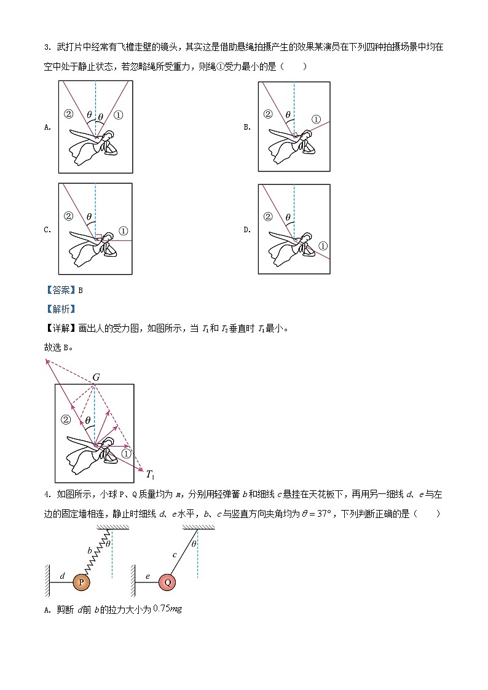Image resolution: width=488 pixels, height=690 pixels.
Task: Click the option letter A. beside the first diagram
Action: pyautogui.click(x=47, y=128)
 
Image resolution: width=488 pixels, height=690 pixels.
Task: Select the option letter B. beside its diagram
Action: pyautogui.click(x=246, y=128)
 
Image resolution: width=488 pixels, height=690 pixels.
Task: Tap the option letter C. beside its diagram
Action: pyautogui.click(x=47, y=230)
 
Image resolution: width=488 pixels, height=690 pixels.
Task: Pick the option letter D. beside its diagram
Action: pyautogui.click(x=246, y=230)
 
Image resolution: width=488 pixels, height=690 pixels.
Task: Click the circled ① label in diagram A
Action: pyautogui.click(x=119, y=114)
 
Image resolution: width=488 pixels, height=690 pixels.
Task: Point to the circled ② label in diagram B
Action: pyautogui.click(x=267, y=114)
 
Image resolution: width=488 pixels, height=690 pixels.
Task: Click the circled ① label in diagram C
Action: pyautogui.click(x=123, y=231)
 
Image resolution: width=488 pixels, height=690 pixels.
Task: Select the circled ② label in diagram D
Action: pyautogui.click(x=267, y=216)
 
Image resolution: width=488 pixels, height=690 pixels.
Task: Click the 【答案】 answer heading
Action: pyautogui.click(x=60, y=291)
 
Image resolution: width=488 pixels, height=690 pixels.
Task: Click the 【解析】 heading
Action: pyautogui.click(x=60, y=309)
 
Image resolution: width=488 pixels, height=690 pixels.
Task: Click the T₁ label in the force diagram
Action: pyautogui.click(x=150, y=474)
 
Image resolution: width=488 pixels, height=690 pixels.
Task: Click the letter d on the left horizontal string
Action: pyautogui.click(x=62, y=576)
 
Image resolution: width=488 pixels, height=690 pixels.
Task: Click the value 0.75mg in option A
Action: pyautogui.click(x=167, y=609)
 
